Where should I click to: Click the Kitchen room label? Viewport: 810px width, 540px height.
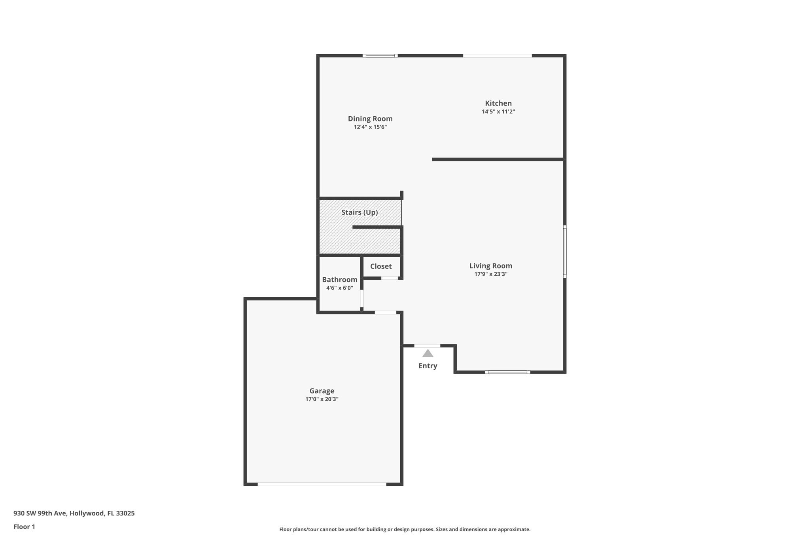pos(498,103)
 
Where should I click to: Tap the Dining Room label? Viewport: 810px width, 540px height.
pos(370,119)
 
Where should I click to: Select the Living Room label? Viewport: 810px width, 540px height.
pos(491,266)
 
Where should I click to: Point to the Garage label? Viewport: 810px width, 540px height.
pos(322,391)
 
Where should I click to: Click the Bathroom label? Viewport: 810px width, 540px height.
pos(340,280)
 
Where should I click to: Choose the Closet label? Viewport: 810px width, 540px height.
pos(381,266)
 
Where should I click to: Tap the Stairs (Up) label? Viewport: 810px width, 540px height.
pos(360,212)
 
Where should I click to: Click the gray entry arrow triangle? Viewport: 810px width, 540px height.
pos(428,353)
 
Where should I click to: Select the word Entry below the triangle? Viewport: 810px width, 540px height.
pos(428,366)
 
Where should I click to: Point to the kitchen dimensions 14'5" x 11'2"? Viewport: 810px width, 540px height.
pos(498,112)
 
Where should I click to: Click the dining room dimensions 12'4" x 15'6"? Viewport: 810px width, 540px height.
pos(370,127)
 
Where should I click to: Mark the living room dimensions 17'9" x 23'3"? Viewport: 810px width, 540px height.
pos(491,274)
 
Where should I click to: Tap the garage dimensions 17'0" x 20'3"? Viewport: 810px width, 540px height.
pos(322,399)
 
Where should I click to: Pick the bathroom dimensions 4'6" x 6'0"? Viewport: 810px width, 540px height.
pos(340,288)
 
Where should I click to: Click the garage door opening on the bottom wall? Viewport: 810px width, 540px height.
pos(322,484)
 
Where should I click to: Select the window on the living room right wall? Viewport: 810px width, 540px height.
pos(565,252)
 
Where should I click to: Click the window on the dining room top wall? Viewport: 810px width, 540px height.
pos(380,56)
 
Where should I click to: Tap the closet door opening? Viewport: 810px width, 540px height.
pos(390,278)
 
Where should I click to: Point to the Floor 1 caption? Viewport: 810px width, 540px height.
pos(24,527)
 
